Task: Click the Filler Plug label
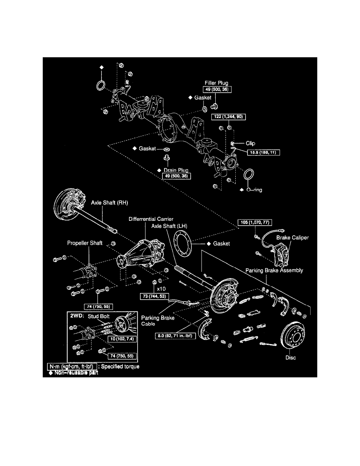[216, 83]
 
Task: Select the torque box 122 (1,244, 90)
[230, 117]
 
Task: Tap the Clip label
[250, 144]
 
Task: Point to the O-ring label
[254, 190]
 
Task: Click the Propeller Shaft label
[84, 243]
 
